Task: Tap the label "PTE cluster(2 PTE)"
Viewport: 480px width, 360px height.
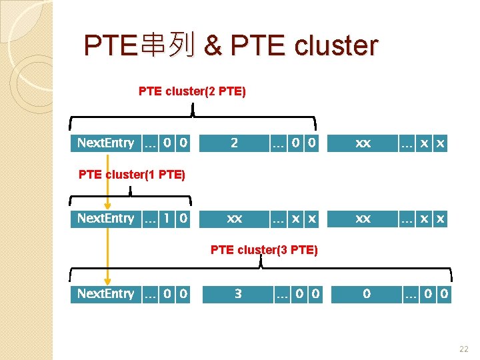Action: [x=192, y=91]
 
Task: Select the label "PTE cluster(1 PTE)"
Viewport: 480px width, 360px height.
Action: [x=131, y=175]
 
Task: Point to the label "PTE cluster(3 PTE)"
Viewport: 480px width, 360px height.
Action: [x=264, y=250]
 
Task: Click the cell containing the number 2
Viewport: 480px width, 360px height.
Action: [x=234, y=143]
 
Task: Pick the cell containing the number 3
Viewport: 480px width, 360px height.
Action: [x=238, y=293]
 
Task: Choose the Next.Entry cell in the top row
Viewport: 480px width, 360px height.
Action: [x=105, y=143]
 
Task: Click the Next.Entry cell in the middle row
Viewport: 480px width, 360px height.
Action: [x=105, y=218]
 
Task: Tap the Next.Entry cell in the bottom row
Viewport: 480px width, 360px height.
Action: [x=105, y=293]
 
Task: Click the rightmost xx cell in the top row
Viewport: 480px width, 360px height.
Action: [x=363, y=143]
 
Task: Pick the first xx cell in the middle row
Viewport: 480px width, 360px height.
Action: [x=234, y=218]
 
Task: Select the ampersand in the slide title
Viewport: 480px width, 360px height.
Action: [x=213, y=46]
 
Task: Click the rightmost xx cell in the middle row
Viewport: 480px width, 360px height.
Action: [x=363, y=218]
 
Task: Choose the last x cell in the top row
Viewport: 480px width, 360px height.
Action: [x=440, y=143]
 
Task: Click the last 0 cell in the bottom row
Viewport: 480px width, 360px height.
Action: [x=444, y=293]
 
